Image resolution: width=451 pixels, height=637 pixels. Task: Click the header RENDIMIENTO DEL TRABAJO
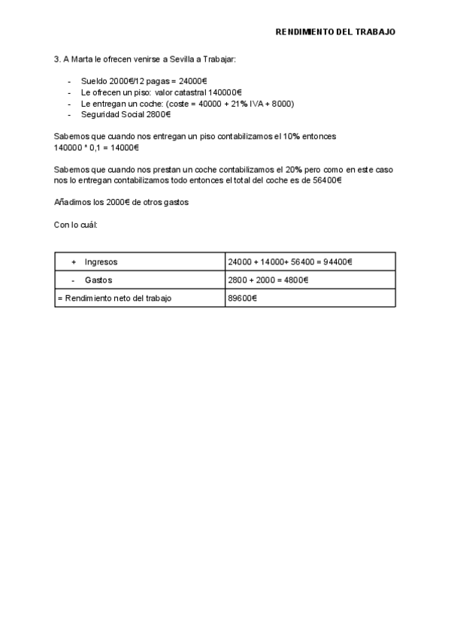coord(335,32)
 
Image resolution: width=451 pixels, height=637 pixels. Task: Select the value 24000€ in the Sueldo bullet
coord(194,81)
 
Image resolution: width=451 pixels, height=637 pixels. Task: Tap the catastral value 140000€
coord(225,92)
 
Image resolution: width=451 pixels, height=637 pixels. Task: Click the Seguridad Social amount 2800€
coord(157,115)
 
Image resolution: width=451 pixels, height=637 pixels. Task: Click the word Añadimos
coord(71,203)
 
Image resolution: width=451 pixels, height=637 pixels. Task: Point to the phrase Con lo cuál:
coord(76,225)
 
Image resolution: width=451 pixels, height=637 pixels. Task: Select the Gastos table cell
coord(98,280)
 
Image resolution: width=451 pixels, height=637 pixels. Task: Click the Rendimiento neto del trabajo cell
coord(114,298)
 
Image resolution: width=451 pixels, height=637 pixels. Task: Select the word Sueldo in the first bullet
coord(94,81)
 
